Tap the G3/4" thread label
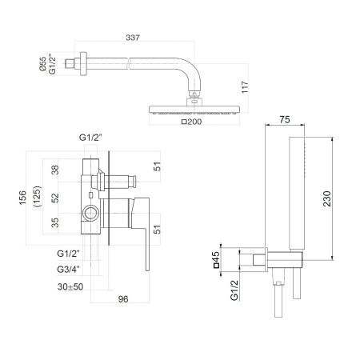(70, 269)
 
